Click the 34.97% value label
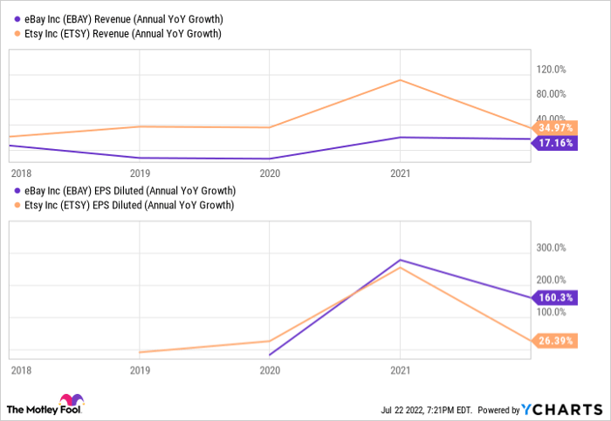pyautogui.click(x=556, y=127)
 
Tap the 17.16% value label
pyautogui.click(x=556, y=142)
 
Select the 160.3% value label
pyautogui.click(x=556, y=297)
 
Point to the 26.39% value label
pyautogui.click(x=556, y=341)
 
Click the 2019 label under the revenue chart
pyautogui.click(x=141, y=173)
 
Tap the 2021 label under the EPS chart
pyautogui.click(x=400, y=370)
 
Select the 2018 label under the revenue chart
pyautogui.click(x=20, y=173)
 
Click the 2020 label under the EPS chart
pyautogui.click(x=270, y=370)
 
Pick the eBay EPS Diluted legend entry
pyautogui.click(x=125, y=190)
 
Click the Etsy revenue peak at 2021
pyautogui.click(x=400, y=80)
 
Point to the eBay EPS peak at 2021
pyautogui.click(x=400, y=260)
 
